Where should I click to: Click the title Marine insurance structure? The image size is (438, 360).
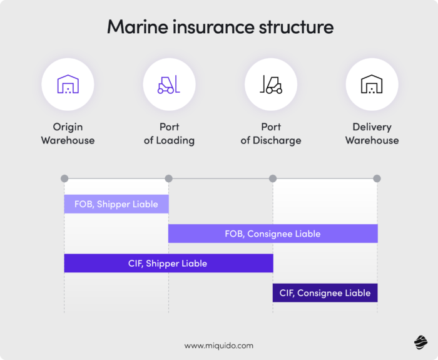point(220,28)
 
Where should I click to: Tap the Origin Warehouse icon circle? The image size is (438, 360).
point(68,85)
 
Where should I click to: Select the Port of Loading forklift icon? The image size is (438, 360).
point(169,85)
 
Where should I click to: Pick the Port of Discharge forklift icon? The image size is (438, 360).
point(270,85)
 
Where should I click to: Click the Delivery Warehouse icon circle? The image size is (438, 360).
point(372,85)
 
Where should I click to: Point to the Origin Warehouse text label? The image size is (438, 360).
point(68,133)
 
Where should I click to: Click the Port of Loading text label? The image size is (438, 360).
point(169,133)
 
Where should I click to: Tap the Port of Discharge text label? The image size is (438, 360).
point(270,133)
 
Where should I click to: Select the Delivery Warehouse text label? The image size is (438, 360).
point(372,133)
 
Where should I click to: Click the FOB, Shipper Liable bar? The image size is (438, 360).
point(116,204)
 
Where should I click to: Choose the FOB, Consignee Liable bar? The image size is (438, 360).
point(273,234)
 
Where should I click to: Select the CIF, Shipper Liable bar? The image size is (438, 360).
point(168,263)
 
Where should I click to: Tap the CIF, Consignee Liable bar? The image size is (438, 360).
point(325,292)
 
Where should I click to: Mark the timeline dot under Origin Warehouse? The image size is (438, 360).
point(64,178)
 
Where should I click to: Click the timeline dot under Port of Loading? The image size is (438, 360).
point(168,178)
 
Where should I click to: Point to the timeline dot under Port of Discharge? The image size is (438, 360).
point(273,178)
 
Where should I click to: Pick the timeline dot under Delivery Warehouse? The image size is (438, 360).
point(377,178)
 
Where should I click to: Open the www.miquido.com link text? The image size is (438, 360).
point(219,345)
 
